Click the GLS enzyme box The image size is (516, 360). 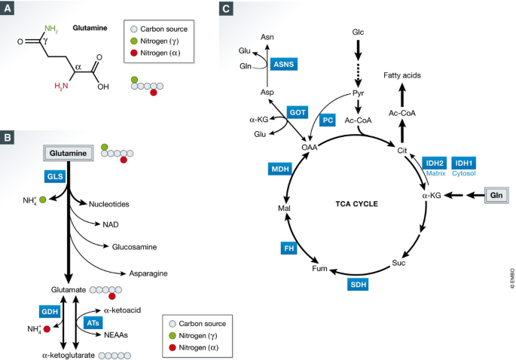pyautogui.click(x=55, y=176)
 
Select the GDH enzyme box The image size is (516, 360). pyautogui.click(x=50, y=311)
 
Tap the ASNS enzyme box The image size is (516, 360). pyautogui.click(x=284, y=64)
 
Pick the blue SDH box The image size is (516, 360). pyautogui.click(x=358, y=285)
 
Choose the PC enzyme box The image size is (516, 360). pyautogui.click(x=328, y=120)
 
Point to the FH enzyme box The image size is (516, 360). pyautogui.click(x=289, y=248)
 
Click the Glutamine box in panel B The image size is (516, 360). pyautogui.click(x=69, y=153)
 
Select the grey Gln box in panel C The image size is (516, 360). pyautogui.click(x=496, y=195)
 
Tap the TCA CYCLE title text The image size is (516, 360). pyautogui.click(x=357, y=204)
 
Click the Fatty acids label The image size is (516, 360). pyautogui.click(x=402, y=75)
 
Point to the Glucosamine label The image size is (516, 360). pyautogui.click(x=134, y=247)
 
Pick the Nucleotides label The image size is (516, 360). pyautogui.click(x=109, y=204)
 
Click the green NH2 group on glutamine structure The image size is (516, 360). pyautogui.click(x=51, y=29)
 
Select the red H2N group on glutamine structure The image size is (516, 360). pyautogui.click(x=61, y=86)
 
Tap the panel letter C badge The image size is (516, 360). pyautogui.click(x=226, y=8)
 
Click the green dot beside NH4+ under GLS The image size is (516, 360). pyautogui.click(x=42, y=200)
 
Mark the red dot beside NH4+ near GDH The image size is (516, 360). pyautogui.click(x=47, y=328)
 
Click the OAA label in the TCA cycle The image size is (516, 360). pyautogui.click(x=310, y=147)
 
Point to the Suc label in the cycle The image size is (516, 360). pyautogui.click(x=398, y=263)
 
